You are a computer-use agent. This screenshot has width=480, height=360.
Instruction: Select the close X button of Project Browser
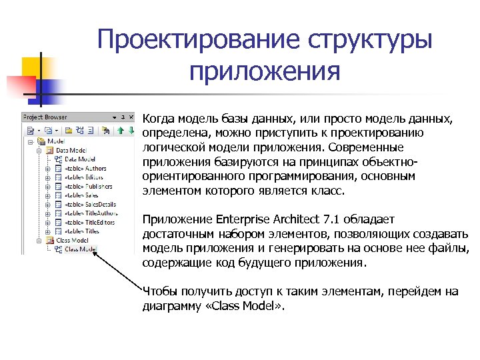[x=131, y=117]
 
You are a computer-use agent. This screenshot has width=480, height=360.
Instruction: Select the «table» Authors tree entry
[x=85, y=169]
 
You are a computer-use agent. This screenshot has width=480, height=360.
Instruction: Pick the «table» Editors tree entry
[x=84, y=177]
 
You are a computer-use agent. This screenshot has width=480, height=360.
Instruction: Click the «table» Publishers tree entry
[x=87, y=187]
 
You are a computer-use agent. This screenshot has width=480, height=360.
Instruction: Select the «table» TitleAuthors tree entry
[x=90, y=213]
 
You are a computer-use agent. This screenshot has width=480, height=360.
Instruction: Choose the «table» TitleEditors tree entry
[x=89, y=222]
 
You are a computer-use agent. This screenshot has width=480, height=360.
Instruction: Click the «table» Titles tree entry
[x=83, y=231]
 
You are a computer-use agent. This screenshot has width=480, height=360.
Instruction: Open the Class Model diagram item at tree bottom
[x=80, y=249]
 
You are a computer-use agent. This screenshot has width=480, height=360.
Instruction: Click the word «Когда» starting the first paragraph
[x=159, y=119]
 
